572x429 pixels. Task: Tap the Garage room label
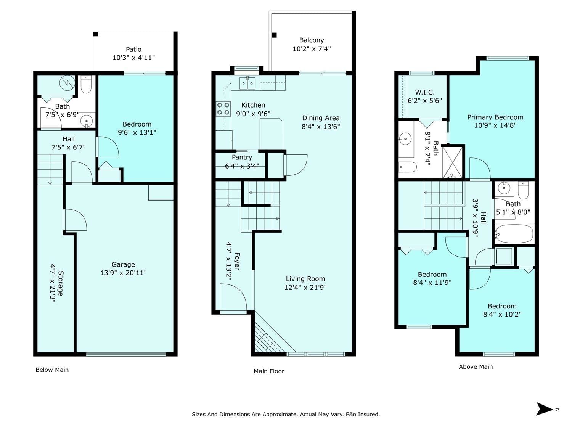pyautogui.click(x=123, y=264)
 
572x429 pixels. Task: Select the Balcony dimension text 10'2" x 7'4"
pyautogui.click(x=312, y=49)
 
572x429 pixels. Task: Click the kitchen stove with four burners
pyautogui.click(x=223, y=109)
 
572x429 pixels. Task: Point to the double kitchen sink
pyautogui.click(x=247, y=83)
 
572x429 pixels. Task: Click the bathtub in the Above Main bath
pyautogui.click(x=514, y=234)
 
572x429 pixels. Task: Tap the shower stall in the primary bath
pyautogui.click(x=453, y=163)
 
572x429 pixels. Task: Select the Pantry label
pyautogui.click(x=242, y=157)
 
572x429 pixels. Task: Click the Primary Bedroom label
pyautogui.click(x=495, y=117)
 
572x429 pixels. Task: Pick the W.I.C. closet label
pyautogui.click(x=425, y=92)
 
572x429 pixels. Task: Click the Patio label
pyautogui.click(x=134, y=50)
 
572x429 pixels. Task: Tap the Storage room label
pyautogui.click(x=61, y=283)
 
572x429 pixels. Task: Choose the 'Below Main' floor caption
pyautogui.click(x=52, y=370)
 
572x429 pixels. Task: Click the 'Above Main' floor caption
pyautogui.click(x=476, y=367)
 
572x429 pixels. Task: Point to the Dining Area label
pyautogui.click(x=321, y=118)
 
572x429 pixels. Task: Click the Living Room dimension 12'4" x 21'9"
pyautogui.click(x=305, y=287)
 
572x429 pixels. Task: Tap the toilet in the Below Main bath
pyautogui.click(x=86, y=85)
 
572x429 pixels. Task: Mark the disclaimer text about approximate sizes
pyautogui.click(x=286, y=414)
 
